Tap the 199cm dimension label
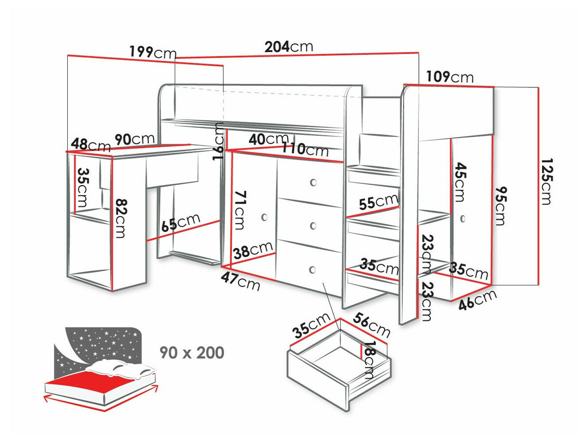[x=153, y=52]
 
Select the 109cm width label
[x=449, y=77]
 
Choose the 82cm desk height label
[x=120, y=217]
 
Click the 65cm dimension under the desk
[x=181, y=224]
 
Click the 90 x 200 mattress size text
[x=192, y=352]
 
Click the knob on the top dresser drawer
[x=313, y=183]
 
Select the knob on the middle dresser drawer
[x=313, y=226]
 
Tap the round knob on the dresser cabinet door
[x=265, y=217]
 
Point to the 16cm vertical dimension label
[x=219, y=141]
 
